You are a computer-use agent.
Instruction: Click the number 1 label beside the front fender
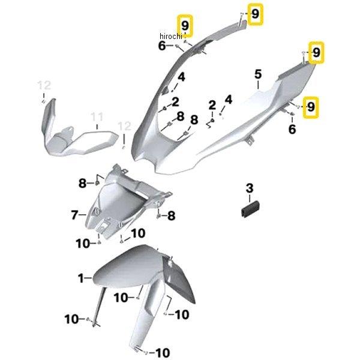[80, 278]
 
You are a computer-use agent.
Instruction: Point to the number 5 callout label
[258, 74]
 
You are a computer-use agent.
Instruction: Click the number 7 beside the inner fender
[75, 214]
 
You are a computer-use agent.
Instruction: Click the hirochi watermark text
[171, 36]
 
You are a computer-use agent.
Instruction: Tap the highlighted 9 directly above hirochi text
[185, 26]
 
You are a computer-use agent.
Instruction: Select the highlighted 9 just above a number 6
[311, 107]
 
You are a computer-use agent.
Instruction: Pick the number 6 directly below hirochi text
[162, 46]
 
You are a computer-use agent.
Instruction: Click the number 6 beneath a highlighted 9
[292, 129]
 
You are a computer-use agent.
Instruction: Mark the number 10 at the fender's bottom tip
[162, 352]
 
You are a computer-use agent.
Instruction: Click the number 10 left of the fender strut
[72, 319]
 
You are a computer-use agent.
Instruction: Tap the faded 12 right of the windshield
[124, 126]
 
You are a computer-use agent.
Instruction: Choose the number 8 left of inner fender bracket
[82, 182]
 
